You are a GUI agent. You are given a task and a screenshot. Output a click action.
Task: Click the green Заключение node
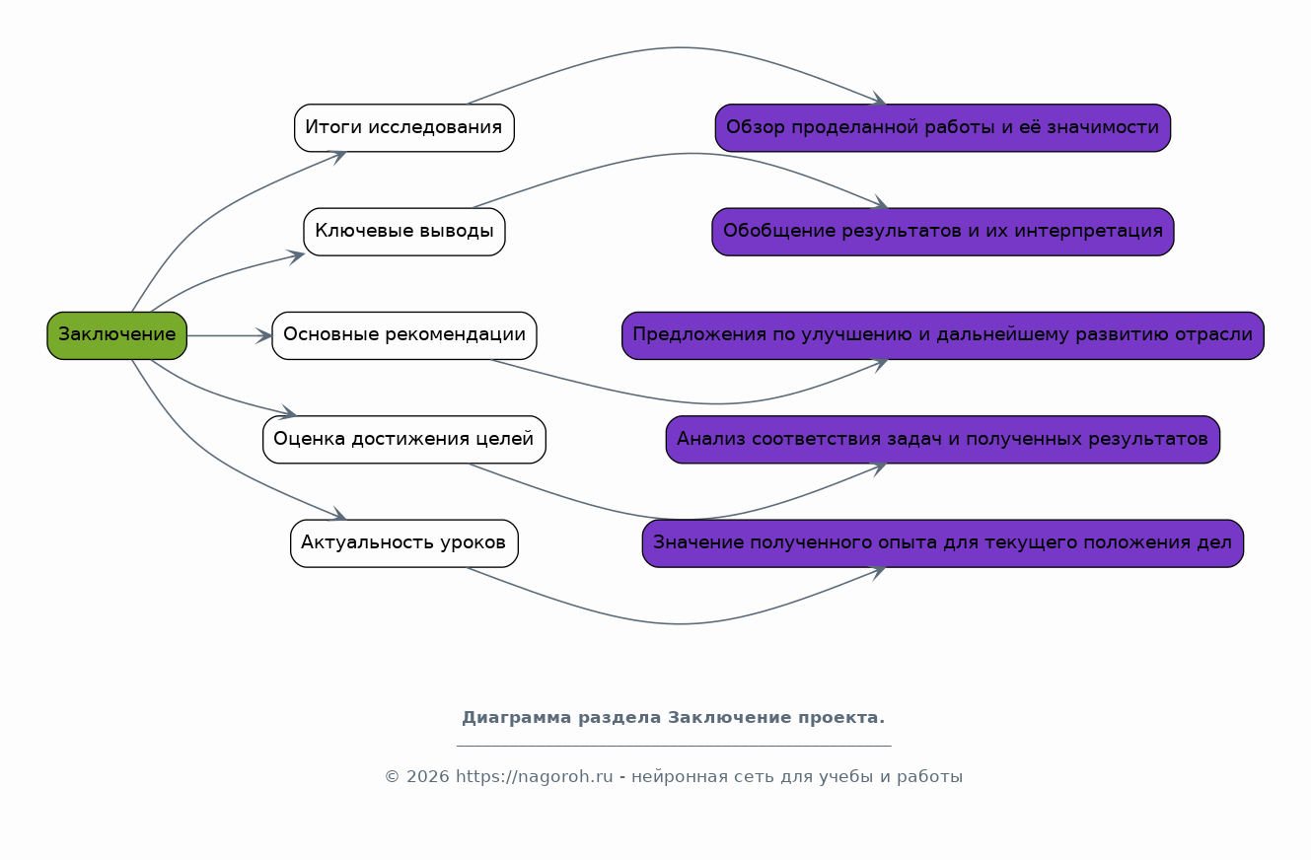(x=117, y=335)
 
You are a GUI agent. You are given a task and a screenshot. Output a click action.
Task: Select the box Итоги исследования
(x=403, y=127)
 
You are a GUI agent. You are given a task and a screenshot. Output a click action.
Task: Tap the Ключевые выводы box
(x=403, y=232)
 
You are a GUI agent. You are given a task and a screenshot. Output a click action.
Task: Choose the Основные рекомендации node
(x=403, y=335)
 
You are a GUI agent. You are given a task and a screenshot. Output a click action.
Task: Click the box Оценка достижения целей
(x=403, y=439)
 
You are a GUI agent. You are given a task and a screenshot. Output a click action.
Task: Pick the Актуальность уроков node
(x=403, y=542)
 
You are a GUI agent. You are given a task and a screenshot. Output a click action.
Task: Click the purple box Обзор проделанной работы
(x=942, y=127)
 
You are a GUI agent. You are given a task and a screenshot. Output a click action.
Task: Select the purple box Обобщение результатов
(x=942, y=232)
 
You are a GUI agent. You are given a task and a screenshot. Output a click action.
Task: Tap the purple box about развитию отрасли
(x=942, y=335)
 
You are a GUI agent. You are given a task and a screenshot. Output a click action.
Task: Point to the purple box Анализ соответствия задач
(x=942, y=439)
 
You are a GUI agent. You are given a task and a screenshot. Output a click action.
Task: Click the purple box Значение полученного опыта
(x=942, y=542)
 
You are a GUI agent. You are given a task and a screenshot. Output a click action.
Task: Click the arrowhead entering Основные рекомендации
(x=264, y=335)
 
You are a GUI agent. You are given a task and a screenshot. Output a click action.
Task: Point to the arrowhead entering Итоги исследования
(x=338, y=156)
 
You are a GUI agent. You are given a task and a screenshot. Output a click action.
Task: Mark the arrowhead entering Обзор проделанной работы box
(x=878, y=99)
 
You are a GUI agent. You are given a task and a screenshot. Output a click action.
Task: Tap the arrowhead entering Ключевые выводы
(x=296, y=256)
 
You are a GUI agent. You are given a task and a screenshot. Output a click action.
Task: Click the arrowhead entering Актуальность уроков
(x=338, y=514)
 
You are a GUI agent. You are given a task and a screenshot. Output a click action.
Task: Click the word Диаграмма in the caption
(x=516, y=717)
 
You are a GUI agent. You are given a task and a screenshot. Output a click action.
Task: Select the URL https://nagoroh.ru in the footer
(x=535, y=776)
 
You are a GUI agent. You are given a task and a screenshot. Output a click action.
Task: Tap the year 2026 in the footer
(x=428, y=776)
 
